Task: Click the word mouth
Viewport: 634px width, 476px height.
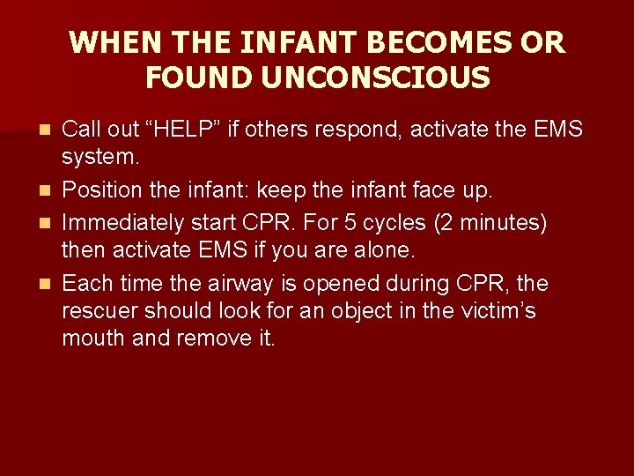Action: pyautogui.click(x=95, y=339)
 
